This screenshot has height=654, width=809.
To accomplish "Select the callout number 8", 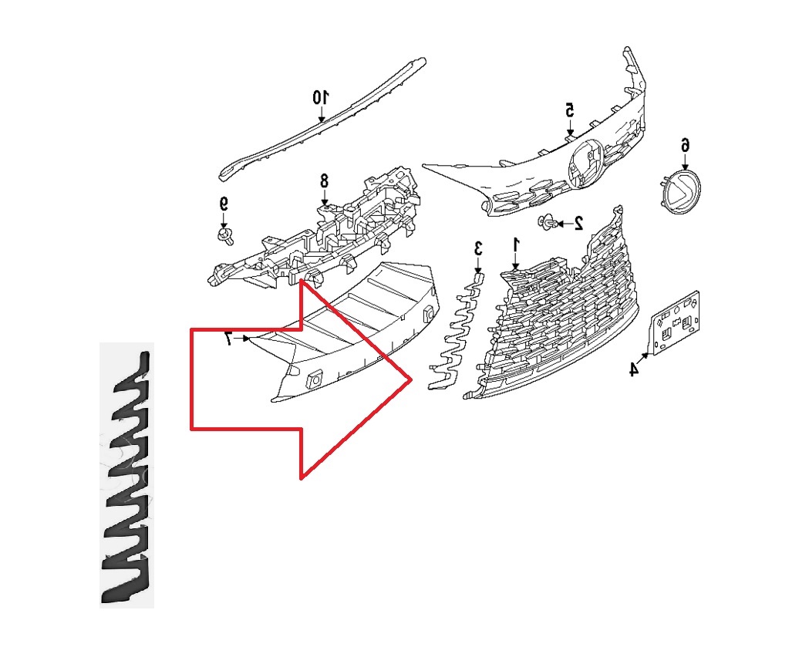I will tap(324, 180).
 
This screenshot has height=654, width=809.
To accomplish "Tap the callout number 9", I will tap(224, 204).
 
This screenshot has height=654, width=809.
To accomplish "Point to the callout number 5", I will tap(570, 110).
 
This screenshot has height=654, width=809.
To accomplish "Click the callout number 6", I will tap(684, 145).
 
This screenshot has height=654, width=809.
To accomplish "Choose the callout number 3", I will tap(478, 248).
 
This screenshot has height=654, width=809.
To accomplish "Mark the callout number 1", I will tap(517, 244).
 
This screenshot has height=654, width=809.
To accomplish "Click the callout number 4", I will tap(633, 369).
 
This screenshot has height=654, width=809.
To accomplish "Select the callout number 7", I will tap(228, 338).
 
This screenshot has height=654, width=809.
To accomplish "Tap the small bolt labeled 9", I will tap(225, 234).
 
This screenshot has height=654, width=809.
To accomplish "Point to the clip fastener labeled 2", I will tap(550, 224).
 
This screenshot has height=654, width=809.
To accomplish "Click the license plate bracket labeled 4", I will tap(676, 324).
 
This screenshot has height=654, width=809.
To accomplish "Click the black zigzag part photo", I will tap(127, 474).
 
